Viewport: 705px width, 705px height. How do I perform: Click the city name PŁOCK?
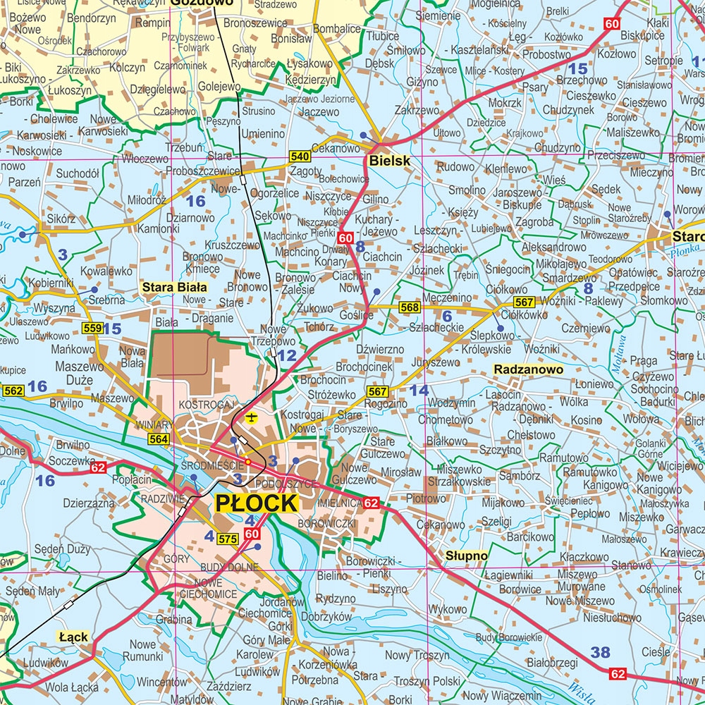click(x=255, y=503)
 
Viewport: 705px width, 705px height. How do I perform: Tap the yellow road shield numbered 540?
click(x=299, y=157)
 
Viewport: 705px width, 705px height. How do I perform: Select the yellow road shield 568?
click(x=409, y=307)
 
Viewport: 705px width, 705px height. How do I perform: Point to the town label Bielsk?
click(x=388, y=161)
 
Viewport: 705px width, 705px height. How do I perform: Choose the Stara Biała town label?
click(x=174, y=287)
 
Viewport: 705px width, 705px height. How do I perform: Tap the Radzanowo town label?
click(x=528, y=369)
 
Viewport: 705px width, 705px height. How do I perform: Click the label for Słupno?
click(x=466, y=556)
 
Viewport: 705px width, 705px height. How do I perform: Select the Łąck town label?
click(x=73, y=637)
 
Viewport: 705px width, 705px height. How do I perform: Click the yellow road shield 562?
click(x=13, y=390)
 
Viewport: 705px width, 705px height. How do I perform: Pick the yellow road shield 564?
click(x=158, y=439)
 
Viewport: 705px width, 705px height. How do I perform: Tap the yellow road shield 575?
click(x=227, y=539)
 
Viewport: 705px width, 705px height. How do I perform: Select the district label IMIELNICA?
click(x=339, y=503)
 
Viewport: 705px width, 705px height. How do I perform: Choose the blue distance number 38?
click(x=600, y=653)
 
